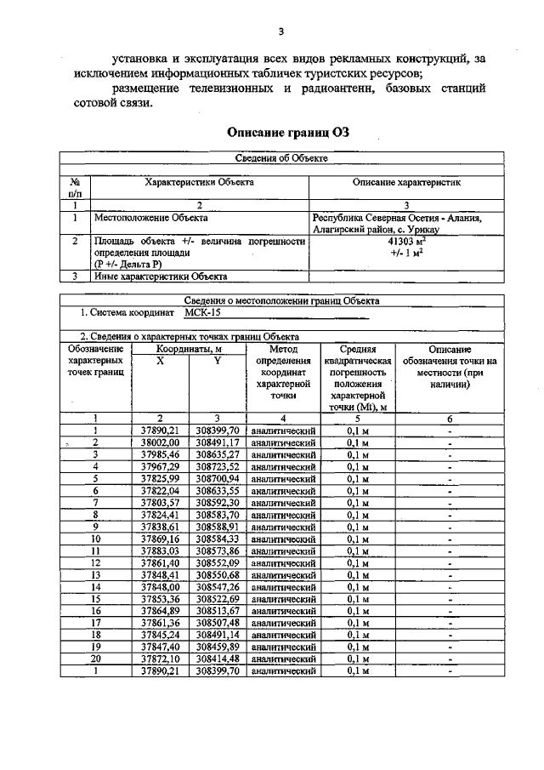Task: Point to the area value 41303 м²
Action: [395, 242]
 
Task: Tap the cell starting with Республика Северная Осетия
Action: [398, 224]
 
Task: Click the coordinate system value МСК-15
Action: [202, 313]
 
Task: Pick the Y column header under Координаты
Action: [217, 361]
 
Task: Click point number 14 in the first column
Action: [96, 586]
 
